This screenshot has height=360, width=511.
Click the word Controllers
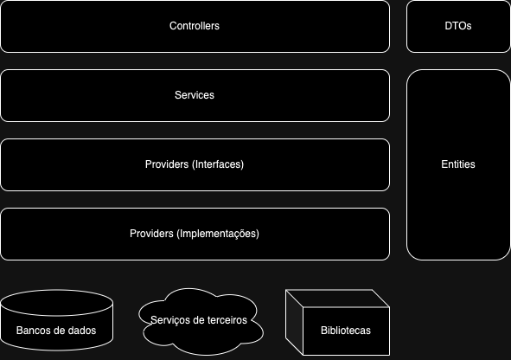click(x=195, y=26)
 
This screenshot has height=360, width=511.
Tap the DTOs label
click(x=458, y=26)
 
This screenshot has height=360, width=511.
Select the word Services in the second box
click(x=195, y=95)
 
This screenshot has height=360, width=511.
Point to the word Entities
click(x=458, y=164)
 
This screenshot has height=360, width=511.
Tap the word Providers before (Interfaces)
click(x=167, y=164)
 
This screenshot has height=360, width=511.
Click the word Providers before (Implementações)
click(x=151, y=233)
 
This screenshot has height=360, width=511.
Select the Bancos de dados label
click(x=56, y=331)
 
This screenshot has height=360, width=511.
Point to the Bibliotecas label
click(x=346, y=331)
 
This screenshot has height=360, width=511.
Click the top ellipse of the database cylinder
click(x=57, y=303)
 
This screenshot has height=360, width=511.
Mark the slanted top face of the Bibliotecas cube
click(x=337, y=298)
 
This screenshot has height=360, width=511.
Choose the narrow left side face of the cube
click(x=294, y=322)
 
